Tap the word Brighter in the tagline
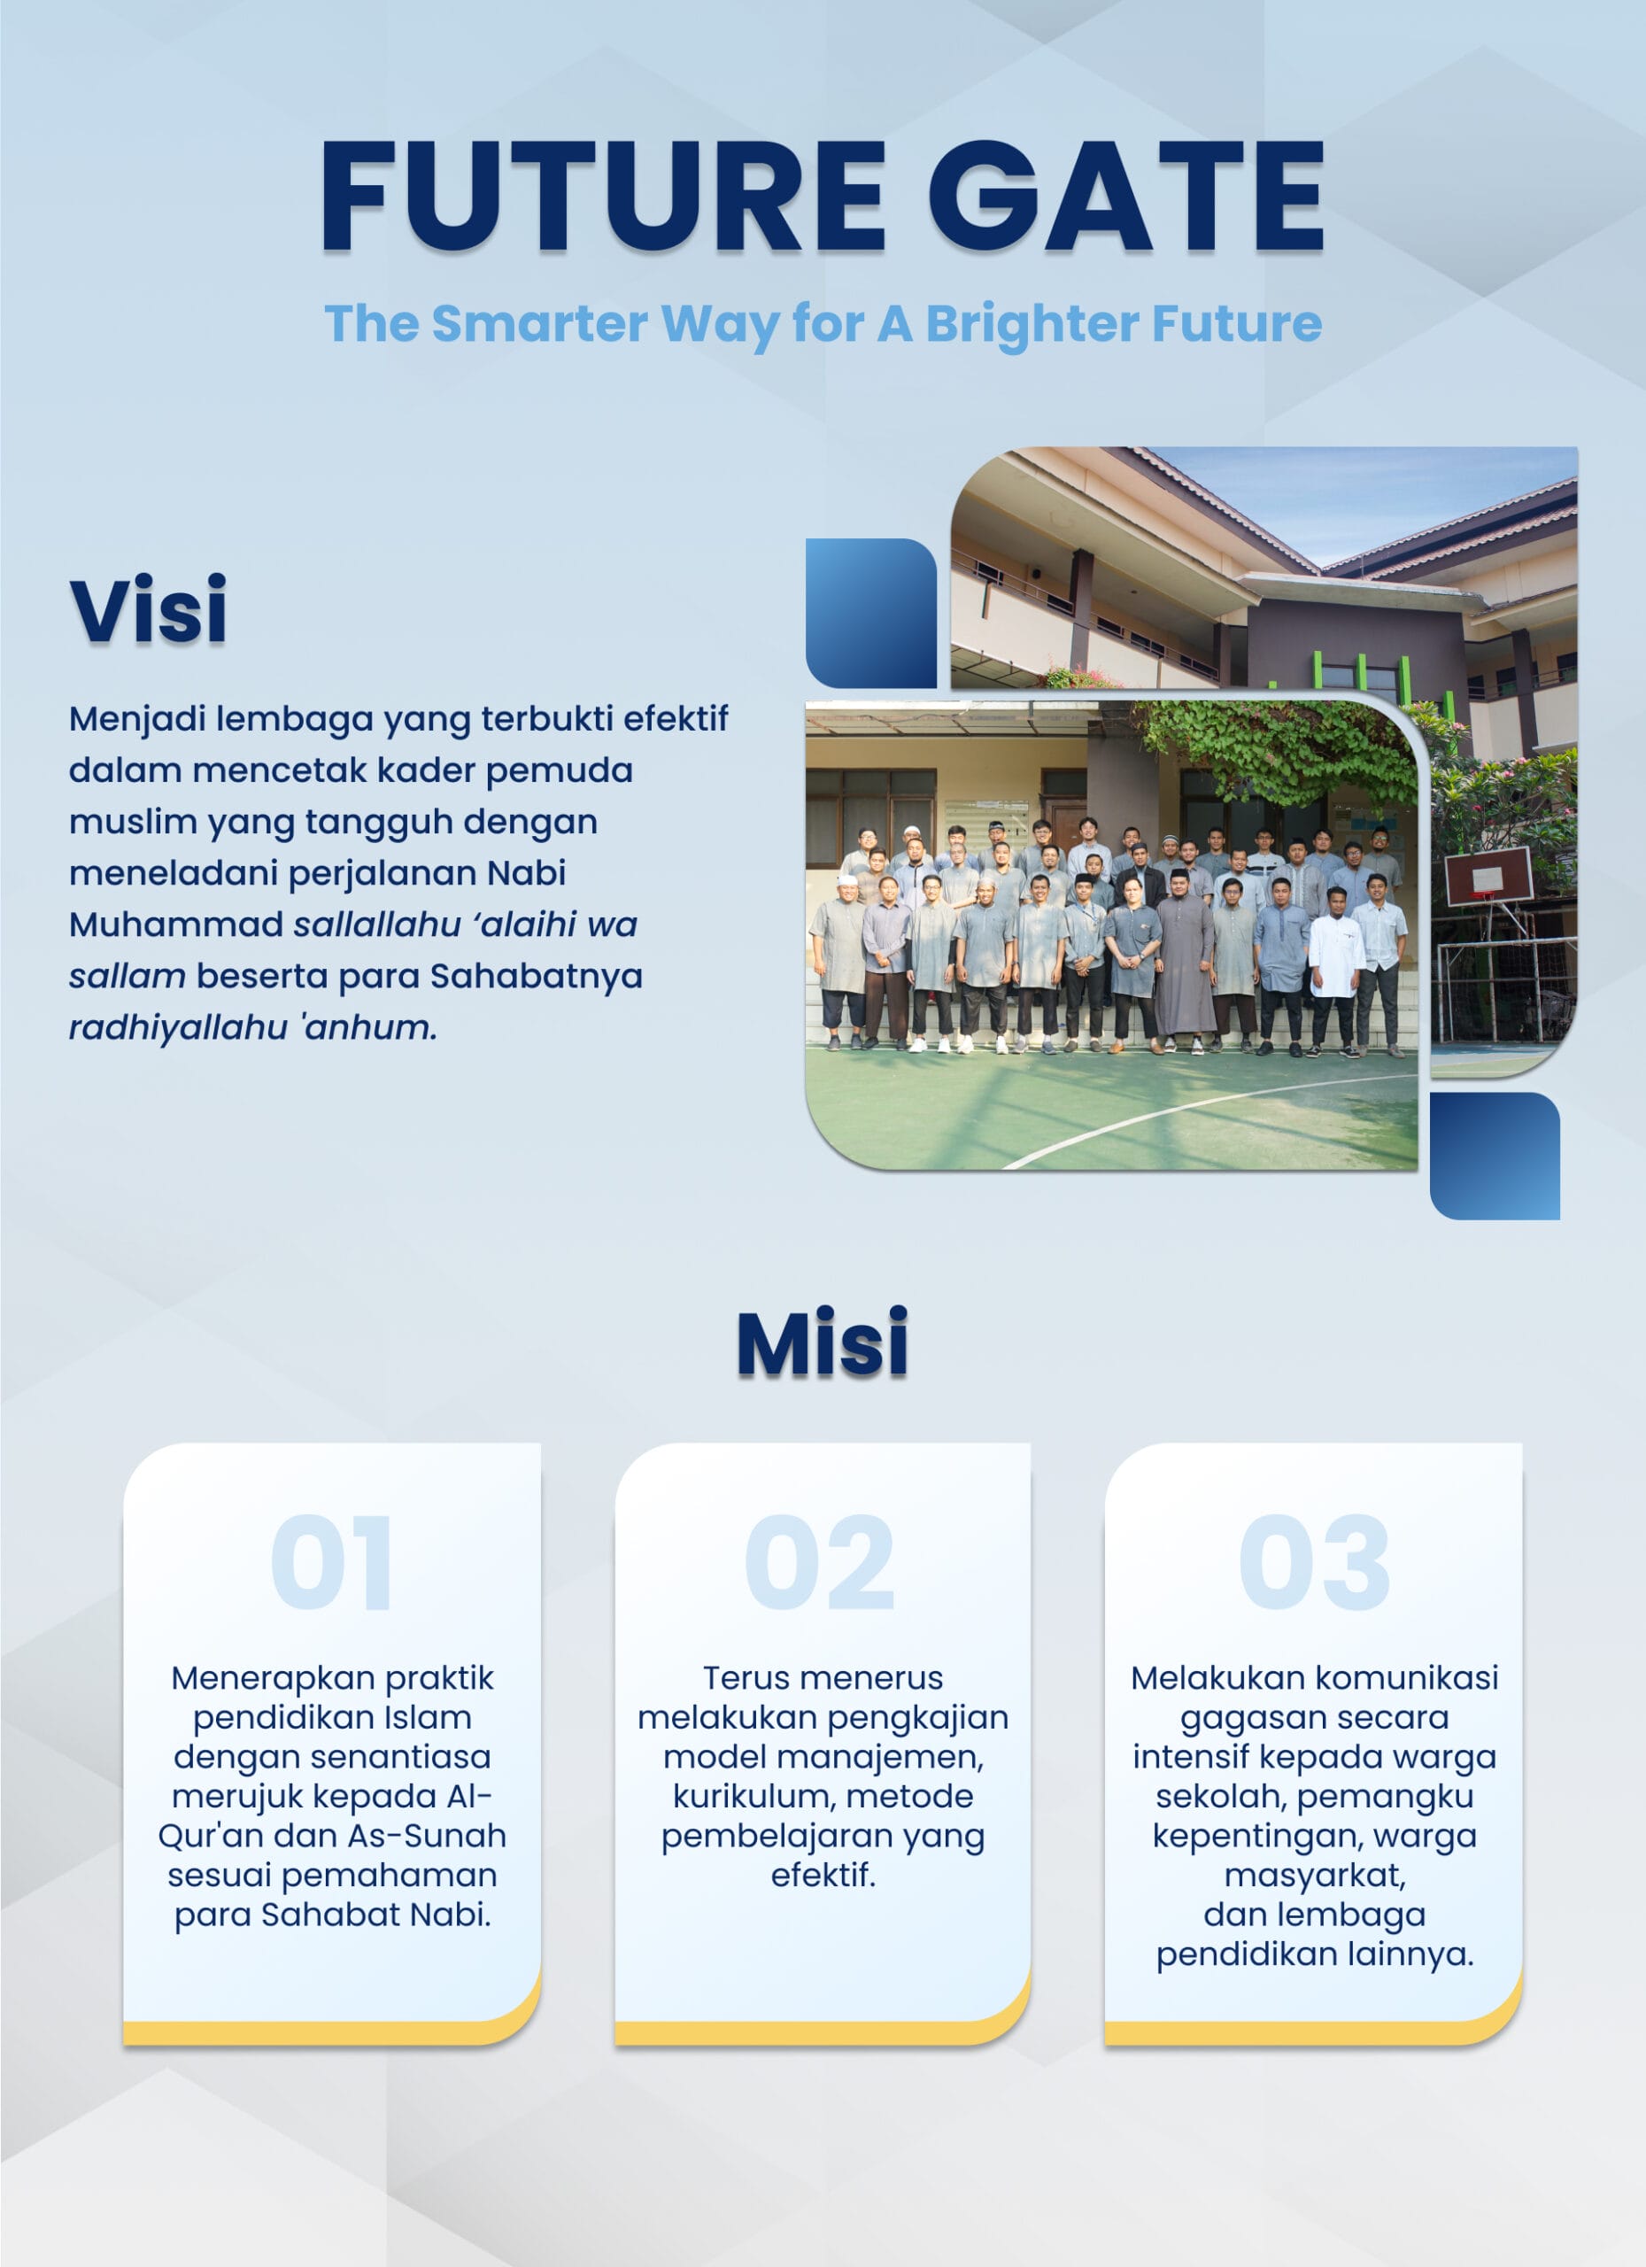pos(1032,324)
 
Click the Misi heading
pos(823,1342)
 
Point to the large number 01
pos(331,1561)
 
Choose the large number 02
pos(821,1561)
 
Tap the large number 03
pos(1314,1561)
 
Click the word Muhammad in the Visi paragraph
pos(176,925)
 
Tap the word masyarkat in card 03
pos(1313,1876)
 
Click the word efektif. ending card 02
pos(823,1876)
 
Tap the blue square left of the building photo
pos(870,613)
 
